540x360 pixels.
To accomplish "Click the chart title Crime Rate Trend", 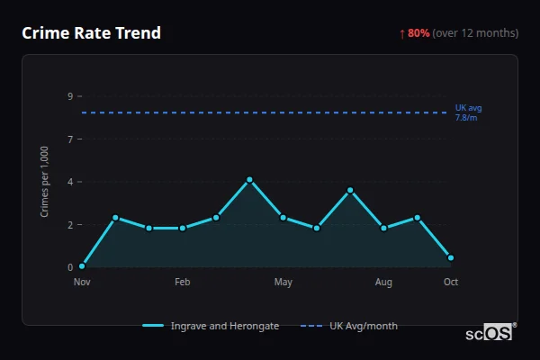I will click(91, 33).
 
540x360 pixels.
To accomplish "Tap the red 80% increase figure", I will click(418, 33).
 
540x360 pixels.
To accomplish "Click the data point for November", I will click(82, 266).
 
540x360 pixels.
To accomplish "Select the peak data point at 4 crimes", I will click(249, 180).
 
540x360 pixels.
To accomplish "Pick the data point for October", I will click(450, 257).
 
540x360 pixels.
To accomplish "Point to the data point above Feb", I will click(183, 229).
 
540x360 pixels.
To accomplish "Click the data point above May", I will click(283, 218).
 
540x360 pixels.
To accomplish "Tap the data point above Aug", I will click(383, 229).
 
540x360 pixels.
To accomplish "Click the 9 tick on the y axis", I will click(69, 96).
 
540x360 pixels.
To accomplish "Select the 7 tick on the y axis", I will click(69, 139).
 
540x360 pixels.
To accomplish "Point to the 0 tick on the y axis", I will click(69, 267).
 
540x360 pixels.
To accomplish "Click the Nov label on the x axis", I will click(82, 283).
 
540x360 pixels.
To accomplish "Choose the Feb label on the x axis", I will click(183, 283).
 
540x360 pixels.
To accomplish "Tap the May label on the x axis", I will click(283, 283).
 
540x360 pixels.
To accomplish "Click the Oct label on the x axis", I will click(451, 283).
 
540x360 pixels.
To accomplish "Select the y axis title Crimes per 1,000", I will click(45, 181).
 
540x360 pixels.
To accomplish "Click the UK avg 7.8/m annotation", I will click(468, 112).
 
